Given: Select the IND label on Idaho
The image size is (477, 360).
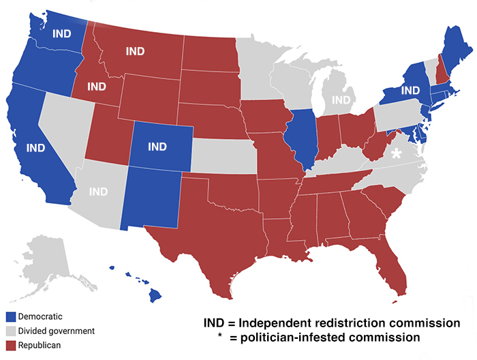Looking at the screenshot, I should click(97, 87).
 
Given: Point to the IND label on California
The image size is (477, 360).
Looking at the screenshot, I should click(35, 147).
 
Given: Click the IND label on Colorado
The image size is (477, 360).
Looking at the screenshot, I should click(157, 147).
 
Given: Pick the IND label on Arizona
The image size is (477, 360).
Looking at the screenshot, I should click(98, 192).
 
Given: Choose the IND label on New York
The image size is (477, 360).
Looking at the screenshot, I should click(410, 90).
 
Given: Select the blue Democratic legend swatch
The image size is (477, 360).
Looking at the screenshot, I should click(10, 316).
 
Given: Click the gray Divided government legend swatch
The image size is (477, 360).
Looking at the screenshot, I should click(10, 331).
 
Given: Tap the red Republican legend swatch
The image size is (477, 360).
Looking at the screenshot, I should click(10, 346).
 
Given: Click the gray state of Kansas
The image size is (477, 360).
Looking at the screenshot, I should click(223, 156).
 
